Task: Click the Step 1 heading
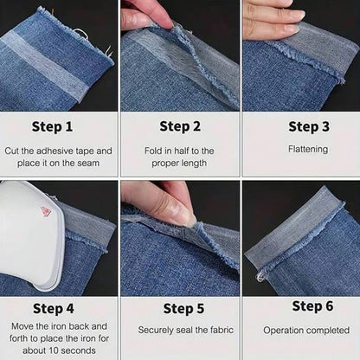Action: tap(58, 126)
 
